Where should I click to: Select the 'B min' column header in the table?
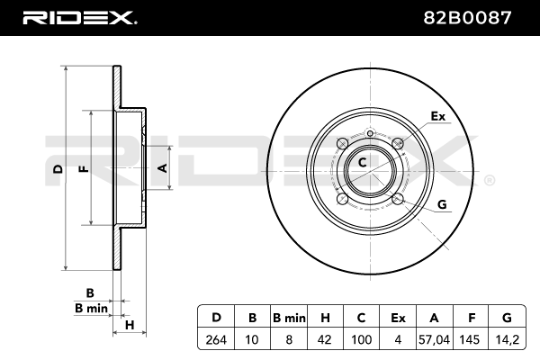[x=289, y=317]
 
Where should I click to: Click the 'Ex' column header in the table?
[x=398, y=317]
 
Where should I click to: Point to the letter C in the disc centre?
[x=362, y=163]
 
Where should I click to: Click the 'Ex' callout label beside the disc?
[x=438, y=116]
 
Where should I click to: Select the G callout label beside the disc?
[x=442, y=204]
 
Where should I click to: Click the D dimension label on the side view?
[x=56, y=168]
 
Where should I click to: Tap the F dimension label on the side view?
[x=83, y=168]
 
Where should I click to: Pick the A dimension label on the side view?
[x=163, y=168]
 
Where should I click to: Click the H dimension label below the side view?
[x=130, y=324]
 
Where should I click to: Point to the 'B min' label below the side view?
[x=90, y=308]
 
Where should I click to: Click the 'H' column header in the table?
[x=325, y=317]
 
